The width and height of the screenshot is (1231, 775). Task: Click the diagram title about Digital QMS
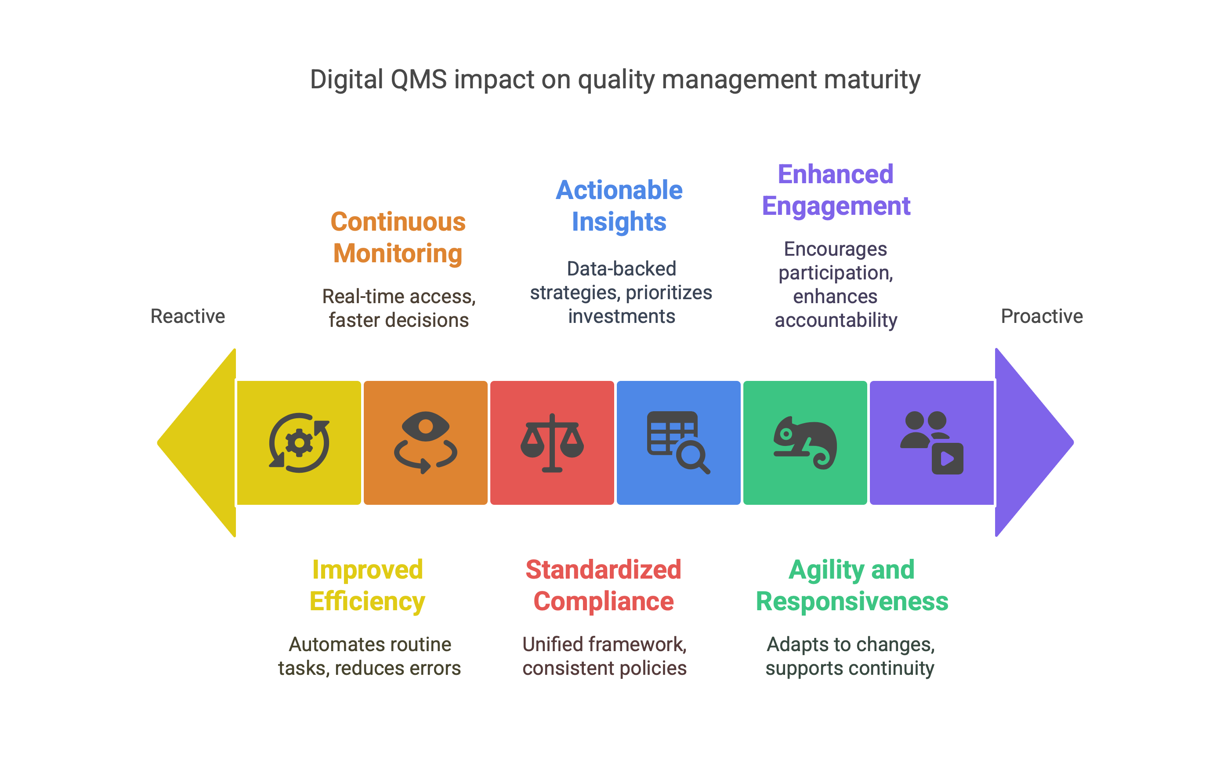point(615,80)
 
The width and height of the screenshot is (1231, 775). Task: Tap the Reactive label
point(188,316)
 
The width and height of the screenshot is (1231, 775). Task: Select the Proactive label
point(1041,316)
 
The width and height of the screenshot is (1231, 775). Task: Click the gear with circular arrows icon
point(299,443)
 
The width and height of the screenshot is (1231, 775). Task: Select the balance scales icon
point(552,443)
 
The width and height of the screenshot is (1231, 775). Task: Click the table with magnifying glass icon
point(678,443)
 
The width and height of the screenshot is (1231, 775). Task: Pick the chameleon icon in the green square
point(805,443)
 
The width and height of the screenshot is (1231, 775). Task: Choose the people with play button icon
point(931,443)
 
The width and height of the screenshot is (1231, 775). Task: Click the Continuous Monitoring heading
point(398,238)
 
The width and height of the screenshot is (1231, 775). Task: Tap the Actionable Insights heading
point(619,206)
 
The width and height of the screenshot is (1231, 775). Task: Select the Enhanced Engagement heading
point(836,190)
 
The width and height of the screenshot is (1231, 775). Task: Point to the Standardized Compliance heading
point(603,586)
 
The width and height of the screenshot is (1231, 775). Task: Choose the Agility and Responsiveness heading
point(852,586)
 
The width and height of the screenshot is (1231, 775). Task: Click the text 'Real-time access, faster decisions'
point(399,308)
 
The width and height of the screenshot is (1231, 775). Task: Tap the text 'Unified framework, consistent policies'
point(604,656)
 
